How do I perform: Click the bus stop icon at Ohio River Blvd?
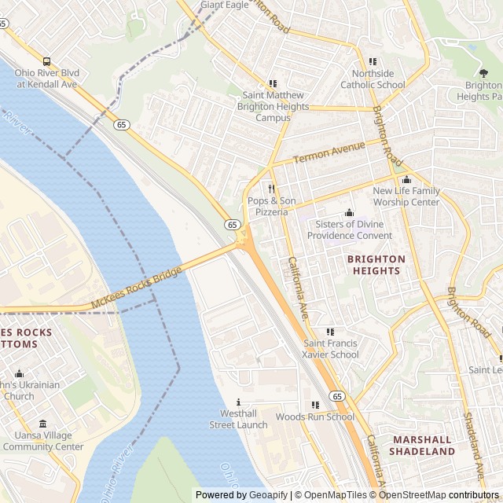[x=46, y=61]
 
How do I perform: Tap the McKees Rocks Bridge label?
[x=136, y=288]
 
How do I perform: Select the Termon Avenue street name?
[x=329, y=152]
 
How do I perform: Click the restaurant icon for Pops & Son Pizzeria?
[x=272, y=189]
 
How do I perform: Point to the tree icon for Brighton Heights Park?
[x=483, y=73]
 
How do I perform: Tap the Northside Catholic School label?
[x=373, y=79]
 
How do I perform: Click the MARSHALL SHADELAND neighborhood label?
[x=421, y=446]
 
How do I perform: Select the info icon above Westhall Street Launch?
[x=238, y=402]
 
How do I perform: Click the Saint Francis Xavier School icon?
[x=330, y=332]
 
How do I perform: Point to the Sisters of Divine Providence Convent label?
[x=349, y=229]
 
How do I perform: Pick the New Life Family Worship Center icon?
[x=406, y=180]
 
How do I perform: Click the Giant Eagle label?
[x=224, y=5]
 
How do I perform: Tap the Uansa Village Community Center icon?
[x=42, y=424]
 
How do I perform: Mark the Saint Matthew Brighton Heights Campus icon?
[x=273, y=83]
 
